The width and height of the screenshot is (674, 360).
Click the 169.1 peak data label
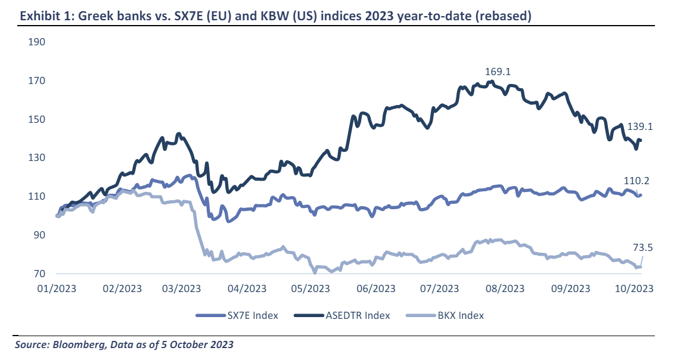[x=499, y=72]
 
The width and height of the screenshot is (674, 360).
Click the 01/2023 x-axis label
[x=57, y=288]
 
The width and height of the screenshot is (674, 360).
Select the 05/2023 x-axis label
[x=310, y=288]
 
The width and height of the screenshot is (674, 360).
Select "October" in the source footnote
[x=190, y=345]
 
